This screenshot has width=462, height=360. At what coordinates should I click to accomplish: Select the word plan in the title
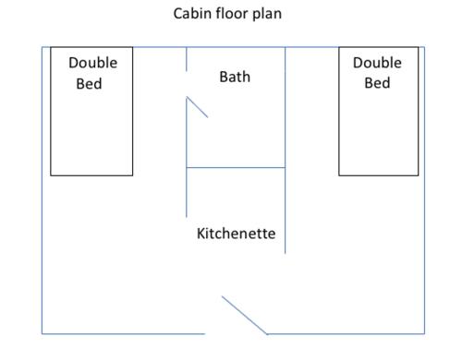267,15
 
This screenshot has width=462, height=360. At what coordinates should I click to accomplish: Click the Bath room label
235,77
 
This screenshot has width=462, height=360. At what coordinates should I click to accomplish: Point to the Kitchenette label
236,234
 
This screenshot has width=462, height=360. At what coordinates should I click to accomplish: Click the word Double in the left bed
93,63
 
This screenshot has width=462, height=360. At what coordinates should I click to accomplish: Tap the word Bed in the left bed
89,84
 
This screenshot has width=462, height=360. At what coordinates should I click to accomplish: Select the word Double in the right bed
377,63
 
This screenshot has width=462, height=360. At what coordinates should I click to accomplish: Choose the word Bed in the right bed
377,83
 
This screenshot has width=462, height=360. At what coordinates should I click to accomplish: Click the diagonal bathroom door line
197,107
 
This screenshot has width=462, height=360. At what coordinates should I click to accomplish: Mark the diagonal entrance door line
245,315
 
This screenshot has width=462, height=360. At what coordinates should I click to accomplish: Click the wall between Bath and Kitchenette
236,168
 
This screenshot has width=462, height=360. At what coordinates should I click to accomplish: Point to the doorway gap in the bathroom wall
187,84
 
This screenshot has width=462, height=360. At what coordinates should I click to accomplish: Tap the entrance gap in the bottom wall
236,334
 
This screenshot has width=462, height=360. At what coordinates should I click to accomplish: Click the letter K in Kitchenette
201,234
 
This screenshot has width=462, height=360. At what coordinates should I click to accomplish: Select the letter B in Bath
224,77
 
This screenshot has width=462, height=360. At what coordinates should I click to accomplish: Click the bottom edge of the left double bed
91,175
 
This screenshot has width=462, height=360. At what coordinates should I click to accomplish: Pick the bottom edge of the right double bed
379,175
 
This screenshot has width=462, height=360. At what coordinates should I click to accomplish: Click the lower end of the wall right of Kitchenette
286,253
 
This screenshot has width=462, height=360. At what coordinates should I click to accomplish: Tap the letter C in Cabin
177,14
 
